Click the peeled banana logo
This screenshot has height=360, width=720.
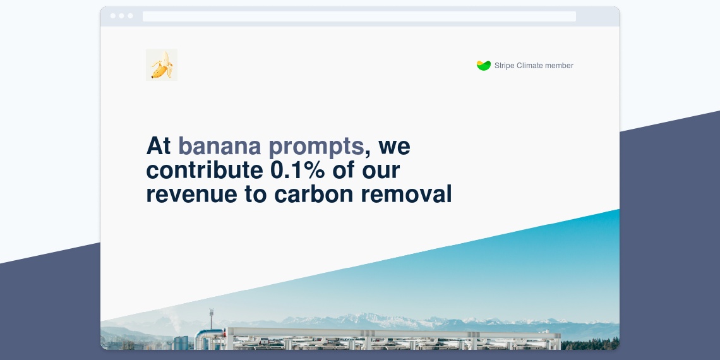click(x=162, y=65)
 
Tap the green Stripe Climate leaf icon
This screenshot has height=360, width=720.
click(x=484, y=66)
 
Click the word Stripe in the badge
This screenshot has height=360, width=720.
click(x=504, y=66)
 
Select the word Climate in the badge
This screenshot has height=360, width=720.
click(x=530, y=65)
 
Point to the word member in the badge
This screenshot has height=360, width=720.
click(x=560, y=65)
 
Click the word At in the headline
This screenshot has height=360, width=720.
click(x=159, y=146)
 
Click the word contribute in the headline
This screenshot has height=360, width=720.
click(x=205, y=170)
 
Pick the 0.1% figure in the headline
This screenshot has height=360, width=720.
click(x=297, y=170)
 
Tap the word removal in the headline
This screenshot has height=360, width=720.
click(x=406, y=194)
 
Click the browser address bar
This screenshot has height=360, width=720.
click(x=359, y=16)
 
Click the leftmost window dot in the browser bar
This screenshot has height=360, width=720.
click(x=113, y=16)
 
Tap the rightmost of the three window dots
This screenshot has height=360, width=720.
click(x=130, y=16)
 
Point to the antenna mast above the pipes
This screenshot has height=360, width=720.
click(x=211, y=319)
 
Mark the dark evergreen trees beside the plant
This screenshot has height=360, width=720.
click(x=590, y=344)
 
